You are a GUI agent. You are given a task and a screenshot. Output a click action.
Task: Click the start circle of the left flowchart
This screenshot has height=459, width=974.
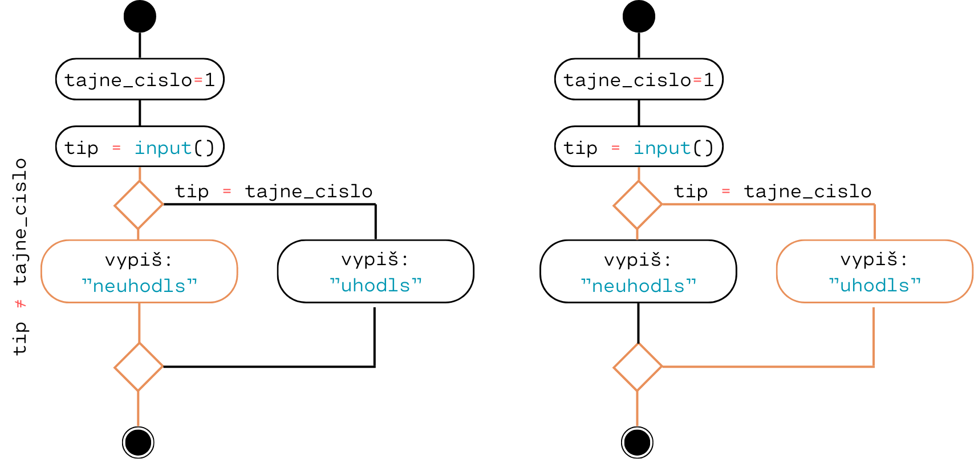click(x=140, y=17)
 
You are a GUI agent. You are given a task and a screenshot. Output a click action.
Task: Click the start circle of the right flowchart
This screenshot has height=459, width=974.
click(x=639, y=17)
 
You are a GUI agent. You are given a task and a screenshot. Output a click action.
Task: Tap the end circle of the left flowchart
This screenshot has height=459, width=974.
click(x=138, y=442)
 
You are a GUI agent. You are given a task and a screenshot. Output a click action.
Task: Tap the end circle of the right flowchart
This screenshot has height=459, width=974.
click(x=637, y=442)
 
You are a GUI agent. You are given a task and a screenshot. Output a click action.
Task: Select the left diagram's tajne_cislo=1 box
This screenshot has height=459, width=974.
click(x=140, y=79)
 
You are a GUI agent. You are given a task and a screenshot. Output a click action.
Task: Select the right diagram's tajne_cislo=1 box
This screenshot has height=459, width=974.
click(x=639, y=79)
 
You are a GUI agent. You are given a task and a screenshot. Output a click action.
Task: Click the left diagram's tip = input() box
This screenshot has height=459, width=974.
click(x=140, y=147)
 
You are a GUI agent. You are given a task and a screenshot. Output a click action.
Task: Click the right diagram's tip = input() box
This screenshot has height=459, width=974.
click(x=639, y=147)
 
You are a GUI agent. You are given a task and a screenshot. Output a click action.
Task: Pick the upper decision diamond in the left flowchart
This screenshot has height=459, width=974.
click(x=139, y=205)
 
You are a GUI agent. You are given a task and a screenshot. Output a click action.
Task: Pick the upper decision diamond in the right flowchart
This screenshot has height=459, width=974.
click(x=638, y=205)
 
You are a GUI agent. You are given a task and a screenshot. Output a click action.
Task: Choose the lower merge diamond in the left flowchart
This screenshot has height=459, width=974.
click(x=139, y=367)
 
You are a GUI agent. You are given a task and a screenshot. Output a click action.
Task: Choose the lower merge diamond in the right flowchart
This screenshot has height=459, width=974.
click(x=638, y=367)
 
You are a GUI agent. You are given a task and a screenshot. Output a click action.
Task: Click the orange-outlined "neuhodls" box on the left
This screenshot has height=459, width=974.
click(x=139, y=271)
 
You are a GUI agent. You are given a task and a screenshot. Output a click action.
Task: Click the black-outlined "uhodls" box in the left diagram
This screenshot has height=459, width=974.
click(x=376, y=271)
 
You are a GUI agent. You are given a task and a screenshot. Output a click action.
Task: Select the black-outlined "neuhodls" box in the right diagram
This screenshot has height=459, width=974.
click(x=638, y=271)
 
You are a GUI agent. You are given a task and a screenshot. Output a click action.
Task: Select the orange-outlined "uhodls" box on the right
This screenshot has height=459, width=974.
click(x=874, y=271)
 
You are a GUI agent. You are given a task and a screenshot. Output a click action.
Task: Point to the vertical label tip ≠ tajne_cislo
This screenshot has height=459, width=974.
click(x=20, y=257)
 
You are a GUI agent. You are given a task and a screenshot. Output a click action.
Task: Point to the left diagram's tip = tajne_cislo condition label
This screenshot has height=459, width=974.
click(x=274, y=191)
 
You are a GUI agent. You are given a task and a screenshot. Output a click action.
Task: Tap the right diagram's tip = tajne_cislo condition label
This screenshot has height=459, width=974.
click(x=773, y=191)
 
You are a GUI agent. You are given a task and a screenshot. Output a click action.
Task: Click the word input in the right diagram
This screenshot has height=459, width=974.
click(x=662, y=148)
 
